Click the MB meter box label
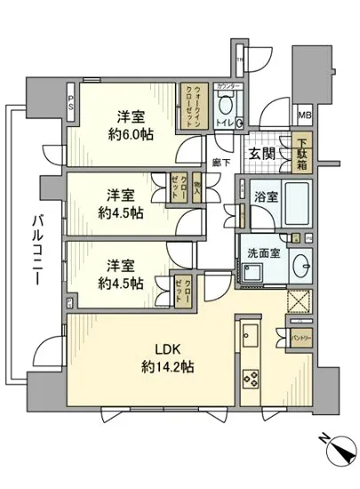(304, 115)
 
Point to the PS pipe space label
(73, 100)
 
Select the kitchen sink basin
(249, 336)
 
